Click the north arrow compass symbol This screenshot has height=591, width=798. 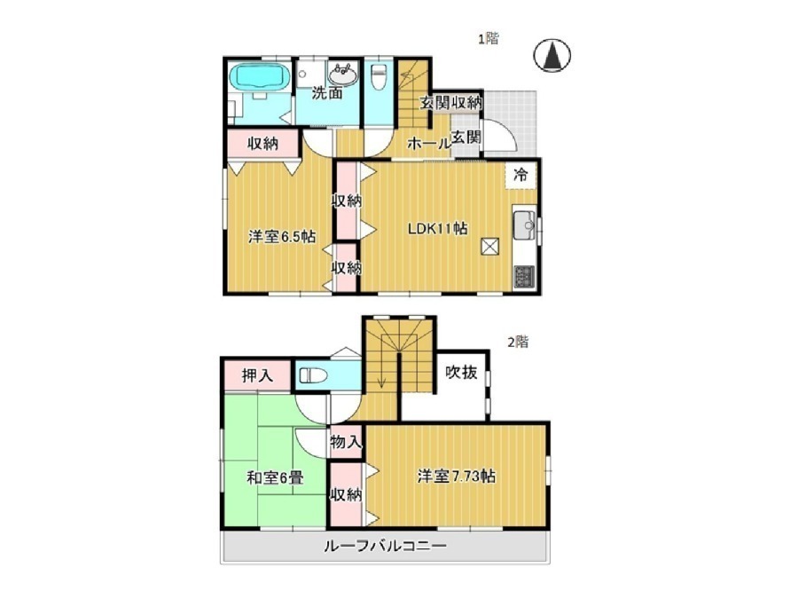click(x=552, y=55)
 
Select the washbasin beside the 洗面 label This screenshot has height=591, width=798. click(x=342, y=75)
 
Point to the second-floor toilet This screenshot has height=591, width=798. click(x=314, y=376)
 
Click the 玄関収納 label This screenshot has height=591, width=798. click(x=451, y=103)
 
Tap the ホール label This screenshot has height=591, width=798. click(x=428, y=144)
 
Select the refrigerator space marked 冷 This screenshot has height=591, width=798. click(x=520, y=176)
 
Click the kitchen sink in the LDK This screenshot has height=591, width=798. click(x=525, y=225)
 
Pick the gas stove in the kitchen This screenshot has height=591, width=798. click(x=524, y=278)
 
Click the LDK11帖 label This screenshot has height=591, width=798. click(x=438, y=228)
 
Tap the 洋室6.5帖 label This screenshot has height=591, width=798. click(x=282, y=236)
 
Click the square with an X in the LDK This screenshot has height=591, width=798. click(x=490, y=247)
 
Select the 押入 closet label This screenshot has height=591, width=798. click(x=257, y=376)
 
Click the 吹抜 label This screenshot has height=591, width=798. click(x=461, y=373)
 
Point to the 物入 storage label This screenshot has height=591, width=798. click(x=346, y=442)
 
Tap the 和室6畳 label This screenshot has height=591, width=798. click(x=276, y=477)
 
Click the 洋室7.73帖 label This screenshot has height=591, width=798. click(x=457, y=477)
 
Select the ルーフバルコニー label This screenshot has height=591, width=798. click(x=386, y=546)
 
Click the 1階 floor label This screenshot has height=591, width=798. click(x=488, y=38)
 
